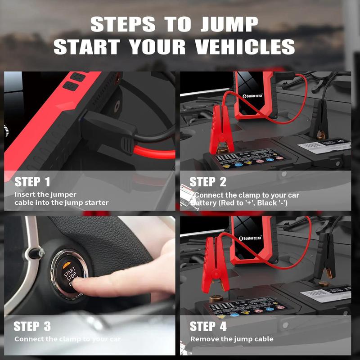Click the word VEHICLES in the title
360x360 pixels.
[243, 47]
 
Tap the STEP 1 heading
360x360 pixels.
[32, 182]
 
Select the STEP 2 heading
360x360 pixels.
[208, 182]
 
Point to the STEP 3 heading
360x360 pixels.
[32, 326]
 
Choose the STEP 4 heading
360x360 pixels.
[208, 326]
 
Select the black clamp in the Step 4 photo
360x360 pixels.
[324, 256]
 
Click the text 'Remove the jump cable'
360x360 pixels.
[232, 339]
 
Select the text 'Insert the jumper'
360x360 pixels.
[45, 195]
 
